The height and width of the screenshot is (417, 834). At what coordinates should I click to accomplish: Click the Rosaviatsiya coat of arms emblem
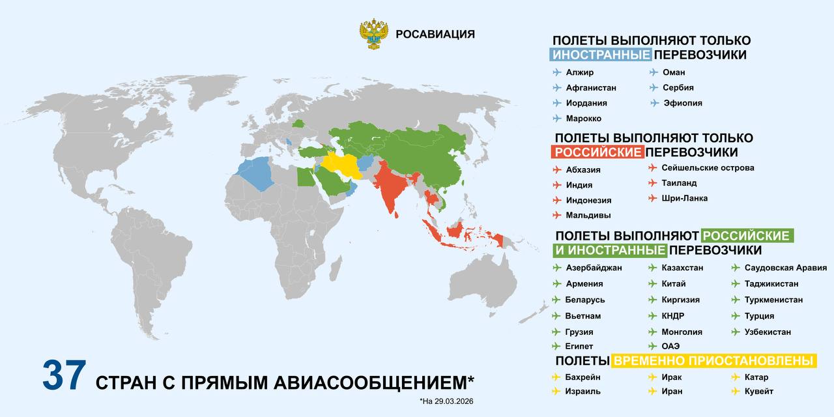pos(374,35)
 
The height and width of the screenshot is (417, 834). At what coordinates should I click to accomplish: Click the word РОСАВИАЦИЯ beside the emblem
pos(435,35)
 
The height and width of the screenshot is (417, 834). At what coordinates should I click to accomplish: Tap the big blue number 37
pos(64,376)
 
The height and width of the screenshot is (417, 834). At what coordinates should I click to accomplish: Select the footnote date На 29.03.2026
pos(446,401)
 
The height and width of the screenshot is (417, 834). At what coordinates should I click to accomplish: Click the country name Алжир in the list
pos(580,72)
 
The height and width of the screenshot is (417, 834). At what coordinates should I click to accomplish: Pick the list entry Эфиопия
pos(682,103)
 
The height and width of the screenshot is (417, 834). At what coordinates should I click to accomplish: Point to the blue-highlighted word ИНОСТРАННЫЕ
pos(600,55)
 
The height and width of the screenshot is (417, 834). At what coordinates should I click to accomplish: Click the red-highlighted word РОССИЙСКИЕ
pos(597,152)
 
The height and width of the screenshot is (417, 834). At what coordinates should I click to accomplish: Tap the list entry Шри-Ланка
pos(684,198)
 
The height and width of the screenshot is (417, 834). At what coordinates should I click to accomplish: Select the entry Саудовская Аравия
pos(786,268)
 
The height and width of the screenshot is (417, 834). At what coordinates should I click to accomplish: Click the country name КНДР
pos(672,316)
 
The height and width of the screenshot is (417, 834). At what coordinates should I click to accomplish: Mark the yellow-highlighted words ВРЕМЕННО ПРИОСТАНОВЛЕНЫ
pos(714,361)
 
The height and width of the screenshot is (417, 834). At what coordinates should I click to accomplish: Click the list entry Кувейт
pos(759,392)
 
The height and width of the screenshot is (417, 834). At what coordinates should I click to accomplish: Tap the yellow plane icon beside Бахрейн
pos(556,377)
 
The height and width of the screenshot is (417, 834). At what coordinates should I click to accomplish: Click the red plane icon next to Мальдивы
pos(556,215)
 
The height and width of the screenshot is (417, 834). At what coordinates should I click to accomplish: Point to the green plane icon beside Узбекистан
pos(735,332)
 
